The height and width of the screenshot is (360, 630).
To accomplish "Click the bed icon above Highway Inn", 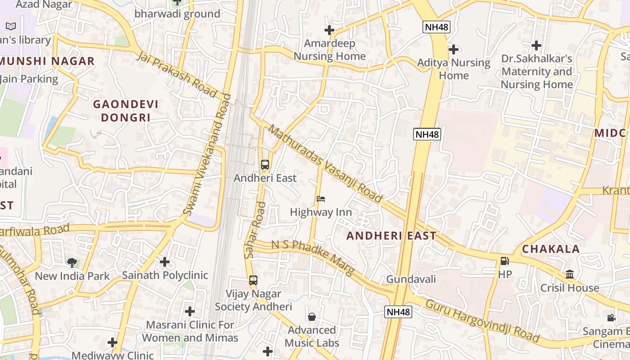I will click(x=320, y=199).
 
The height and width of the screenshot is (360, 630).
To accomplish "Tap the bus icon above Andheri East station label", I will click(x=265, y=165).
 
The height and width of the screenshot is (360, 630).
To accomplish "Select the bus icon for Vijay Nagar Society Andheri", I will click(x=253, y=280).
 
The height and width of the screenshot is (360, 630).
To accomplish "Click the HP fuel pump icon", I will click(x=504, y=261).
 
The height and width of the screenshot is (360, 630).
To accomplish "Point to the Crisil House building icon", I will click(x=570, y=274).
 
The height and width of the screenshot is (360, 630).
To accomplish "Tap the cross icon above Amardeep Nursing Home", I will click(x=329, y=30).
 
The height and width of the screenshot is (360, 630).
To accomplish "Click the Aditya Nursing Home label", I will click(x=454, y=69).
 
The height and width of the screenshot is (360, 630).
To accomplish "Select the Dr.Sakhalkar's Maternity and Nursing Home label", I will click(x=536, y=72).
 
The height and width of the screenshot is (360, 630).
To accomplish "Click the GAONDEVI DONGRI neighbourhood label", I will click(x=126, y=111).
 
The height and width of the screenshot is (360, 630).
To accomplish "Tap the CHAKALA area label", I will click(x=551, y=249).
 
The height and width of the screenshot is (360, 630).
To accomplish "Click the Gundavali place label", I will click(x=411, y=279).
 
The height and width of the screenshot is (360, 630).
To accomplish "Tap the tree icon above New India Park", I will click(x=72, y=263).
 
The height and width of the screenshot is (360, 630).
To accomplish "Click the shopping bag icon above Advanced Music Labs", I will click(x=311, y=317).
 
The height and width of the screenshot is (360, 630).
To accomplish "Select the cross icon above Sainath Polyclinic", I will click(x=165, y=261).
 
